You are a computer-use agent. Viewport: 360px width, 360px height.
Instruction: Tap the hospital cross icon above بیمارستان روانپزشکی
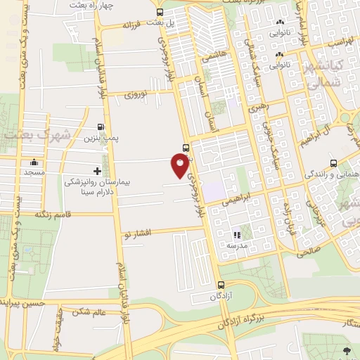pyautogui.click(x=97, y=171)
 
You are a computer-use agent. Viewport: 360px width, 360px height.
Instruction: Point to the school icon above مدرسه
pyautogui.click(x=236, y=235)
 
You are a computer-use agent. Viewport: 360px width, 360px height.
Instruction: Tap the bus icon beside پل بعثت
pyautogui.click(x=160, y=12)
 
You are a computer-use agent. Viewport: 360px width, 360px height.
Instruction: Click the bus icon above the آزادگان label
pyautogui.click(x=221, y=285)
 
